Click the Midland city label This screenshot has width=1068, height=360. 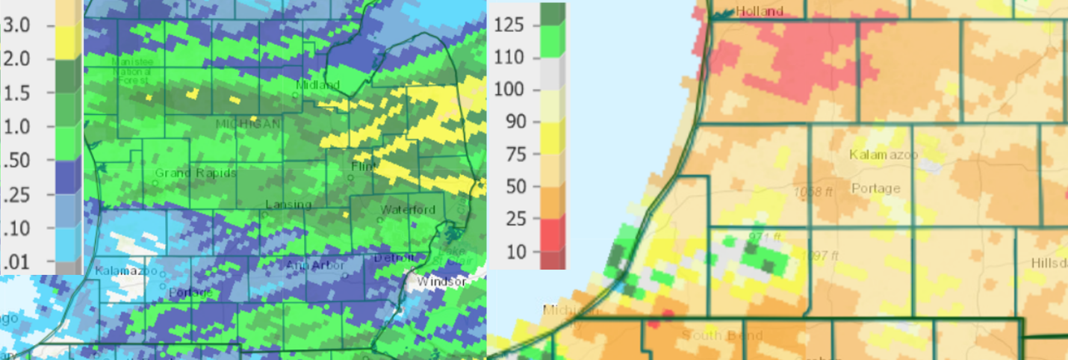click(317, 84)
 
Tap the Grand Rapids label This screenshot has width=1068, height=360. click(196, 173)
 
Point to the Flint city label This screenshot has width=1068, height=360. click(363, 167)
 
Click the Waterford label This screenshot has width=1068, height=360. click(408, 209)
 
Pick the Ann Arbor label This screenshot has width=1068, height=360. click(315, 265)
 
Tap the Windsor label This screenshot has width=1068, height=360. click(441, 282)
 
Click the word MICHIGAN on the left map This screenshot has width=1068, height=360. click(249, 123)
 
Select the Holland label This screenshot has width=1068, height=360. click(760, 11)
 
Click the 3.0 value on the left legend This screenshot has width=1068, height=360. click(16, 26)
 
